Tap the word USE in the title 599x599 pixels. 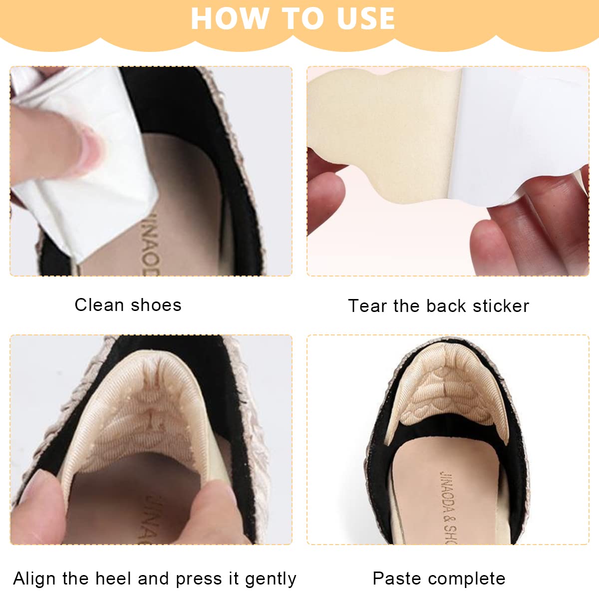coord(365,18)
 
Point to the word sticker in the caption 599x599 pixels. coord(501,306)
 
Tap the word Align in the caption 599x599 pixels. coord(34,579)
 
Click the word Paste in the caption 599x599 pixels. coord(397,579)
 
